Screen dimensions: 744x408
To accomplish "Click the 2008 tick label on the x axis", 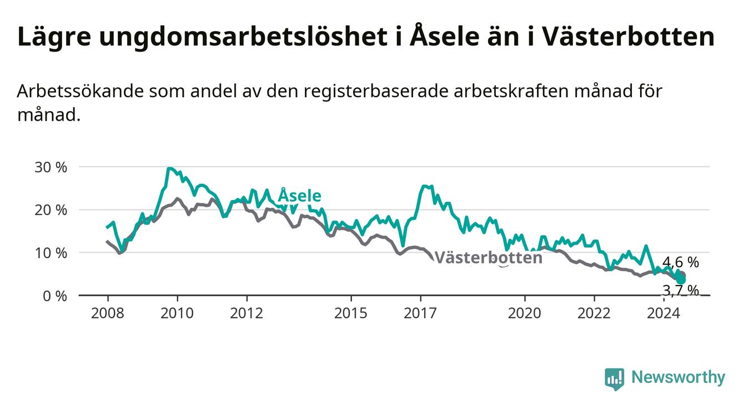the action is click(x=107, y=314).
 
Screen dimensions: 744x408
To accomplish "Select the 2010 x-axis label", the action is click(x=177, y=314).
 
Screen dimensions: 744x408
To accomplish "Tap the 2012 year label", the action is click(x=247, y=314).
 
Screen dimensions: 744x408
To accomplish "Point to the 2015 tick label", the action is click(x=351, y=314).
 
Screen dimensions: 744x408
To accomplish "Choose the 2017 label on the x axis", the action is click(x=420, y=314).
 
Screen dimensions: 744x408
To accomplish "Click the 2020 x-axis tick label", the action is click(x=525, y=314).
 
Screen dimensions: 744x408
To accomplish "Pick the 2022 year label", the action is click(x=594, y=314).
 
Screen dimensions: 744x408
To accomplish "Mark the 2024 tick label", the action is click(x=663, y=314).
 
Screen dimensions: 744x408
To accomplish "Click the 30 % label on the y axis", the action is click(x=51, y=167).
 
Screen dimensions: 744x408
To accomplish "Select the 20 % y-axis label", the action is click(x=51, y=210).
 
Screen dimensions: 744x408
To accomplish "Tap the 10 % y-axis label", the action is click(x=51, y=253).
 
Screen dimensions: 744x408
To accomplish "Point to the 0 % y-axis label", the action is click(x=55, y=296).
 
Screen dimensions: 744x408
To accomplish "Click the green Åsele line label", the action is click(x=300, y=195).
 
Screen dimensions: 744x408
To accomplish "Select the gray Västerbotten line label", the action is click(x=488, y=258).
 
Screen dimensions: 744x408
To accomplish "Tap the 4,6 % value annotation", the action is click(x=681, y=262).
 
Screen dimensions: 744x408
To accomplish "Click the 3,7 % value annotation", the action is click(x=681, y=290).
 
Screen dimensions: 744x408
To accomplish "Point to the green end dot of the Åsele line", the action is click(x=681, y=280).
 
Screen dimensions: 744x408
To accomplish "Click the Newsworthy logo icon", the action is click(x=614, y=379).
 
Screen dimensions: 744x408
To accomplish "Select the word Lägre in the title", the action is click(x=54, y=37).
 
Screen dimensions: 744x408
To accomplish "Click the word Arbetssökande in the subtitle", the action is click(x=80, y=91).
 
